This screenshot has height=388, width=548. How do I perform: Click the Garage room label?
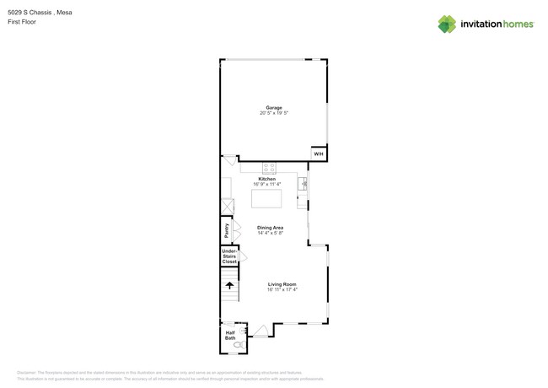(x=274, y=108)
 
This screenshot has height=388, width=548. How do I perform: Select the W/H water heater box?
(x=318, y=154)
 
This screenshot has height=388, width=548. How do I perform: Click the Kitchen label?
(x=266, y=179)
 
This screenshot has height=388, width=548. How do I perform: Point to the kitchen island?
(x=266, y=199)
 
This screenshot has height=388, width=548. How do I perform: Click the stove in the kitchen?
(x=270, y=167)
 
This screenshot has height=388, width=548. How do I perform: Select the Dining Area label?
(x=270, y=228)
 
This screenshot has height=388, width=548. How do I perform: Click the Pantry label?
(x=226, y=229)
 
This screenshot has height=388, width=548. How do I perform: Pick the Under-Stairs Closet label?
(x=229, y=256)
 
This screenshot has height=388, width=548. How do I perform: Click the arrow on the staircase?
(x=229, y=286)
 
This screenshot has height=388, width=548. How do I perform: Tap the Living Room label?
(x=282, y=284)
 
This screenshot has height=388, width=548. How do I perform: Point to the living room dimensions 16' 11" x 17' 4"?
(x=282, y=289)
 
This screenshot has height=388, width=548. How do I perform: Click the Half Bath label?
(x=230, y=335)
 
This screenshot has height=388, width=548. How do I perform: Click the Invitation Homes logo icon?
(x=447, y=24)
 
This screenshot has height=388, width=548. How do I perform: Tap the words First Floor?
(x=22, y=22)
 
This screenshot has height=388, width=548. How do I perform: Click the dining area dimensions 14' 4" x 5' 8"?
(x=270, y=233)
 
